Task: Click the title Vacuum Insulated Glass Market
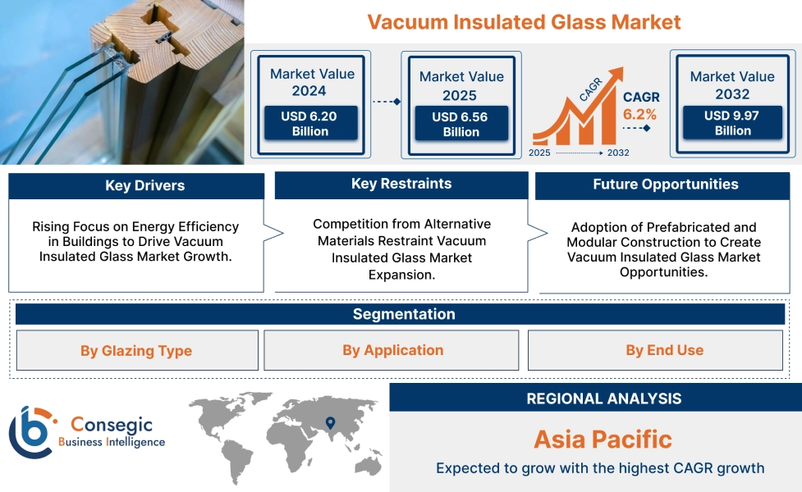[524, 21]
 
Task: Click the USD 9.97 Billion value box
[732, 123]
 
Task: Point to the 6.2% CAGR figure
[639, 114]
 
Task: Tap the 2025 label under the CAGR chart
[539, 153]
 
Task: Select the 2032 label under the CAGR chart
[618, 153]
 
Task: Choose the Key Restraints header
[401, 184]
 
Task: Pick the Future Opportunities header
[665, 184]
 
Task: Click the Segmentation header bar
[403, 314]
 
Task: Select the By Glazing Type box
[136, 351]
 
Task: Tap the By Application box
[392, 350]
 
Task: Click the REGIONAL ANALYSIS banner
[603, 399]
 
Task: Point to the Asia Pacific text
[603, 439]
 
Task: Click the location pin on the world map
[330, 423]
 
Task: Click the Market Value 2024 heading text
[312, 82]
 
